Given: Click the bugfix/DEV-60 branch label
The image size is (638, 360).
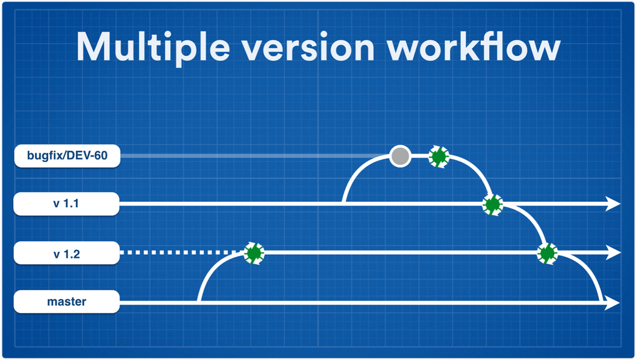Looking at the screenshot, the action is tap(67, 156).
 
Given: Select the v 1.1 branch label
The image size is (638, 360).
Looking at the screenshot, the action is tap(66, 204).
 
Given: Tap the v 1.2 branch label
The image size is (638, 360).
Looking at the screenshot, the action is tap(67, 253).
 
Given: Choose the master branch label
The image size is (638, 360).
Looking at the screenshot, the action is tap(67, 302).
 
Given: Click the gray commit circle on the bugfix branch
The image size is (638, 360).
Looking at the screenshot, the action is tap(400, 156).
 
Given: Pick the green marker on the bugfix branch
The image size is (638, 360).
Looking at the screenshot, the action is tap(439, 156).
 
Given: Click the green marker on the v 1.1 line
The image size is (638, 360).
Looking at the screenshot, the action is tap(493, 205).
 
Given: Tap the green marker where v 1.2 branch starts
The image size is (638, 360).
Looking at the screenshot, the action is tap(254, 253).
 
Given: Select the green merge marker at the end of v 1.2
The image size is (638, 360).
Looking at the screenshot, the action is tap(547, 253).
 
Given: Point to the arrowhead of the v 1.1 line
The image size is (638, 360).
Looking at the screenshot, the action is tap(613, 204).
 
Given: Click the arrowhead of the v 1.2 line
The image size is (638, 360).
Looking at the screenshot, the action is tap(613, 253).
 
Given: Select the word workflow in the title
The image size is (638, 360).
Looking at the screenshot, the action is tap(474, 47).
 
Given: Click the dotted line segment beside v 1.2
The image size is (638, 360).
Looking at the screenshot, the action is tap(182, 253).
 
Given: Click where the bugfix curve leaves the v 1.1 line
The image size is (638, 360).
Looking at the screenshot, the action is tap(344, 202).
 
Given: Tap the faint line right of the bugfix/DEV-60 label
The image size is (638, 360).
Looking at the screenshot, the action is tap(255, 156).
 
